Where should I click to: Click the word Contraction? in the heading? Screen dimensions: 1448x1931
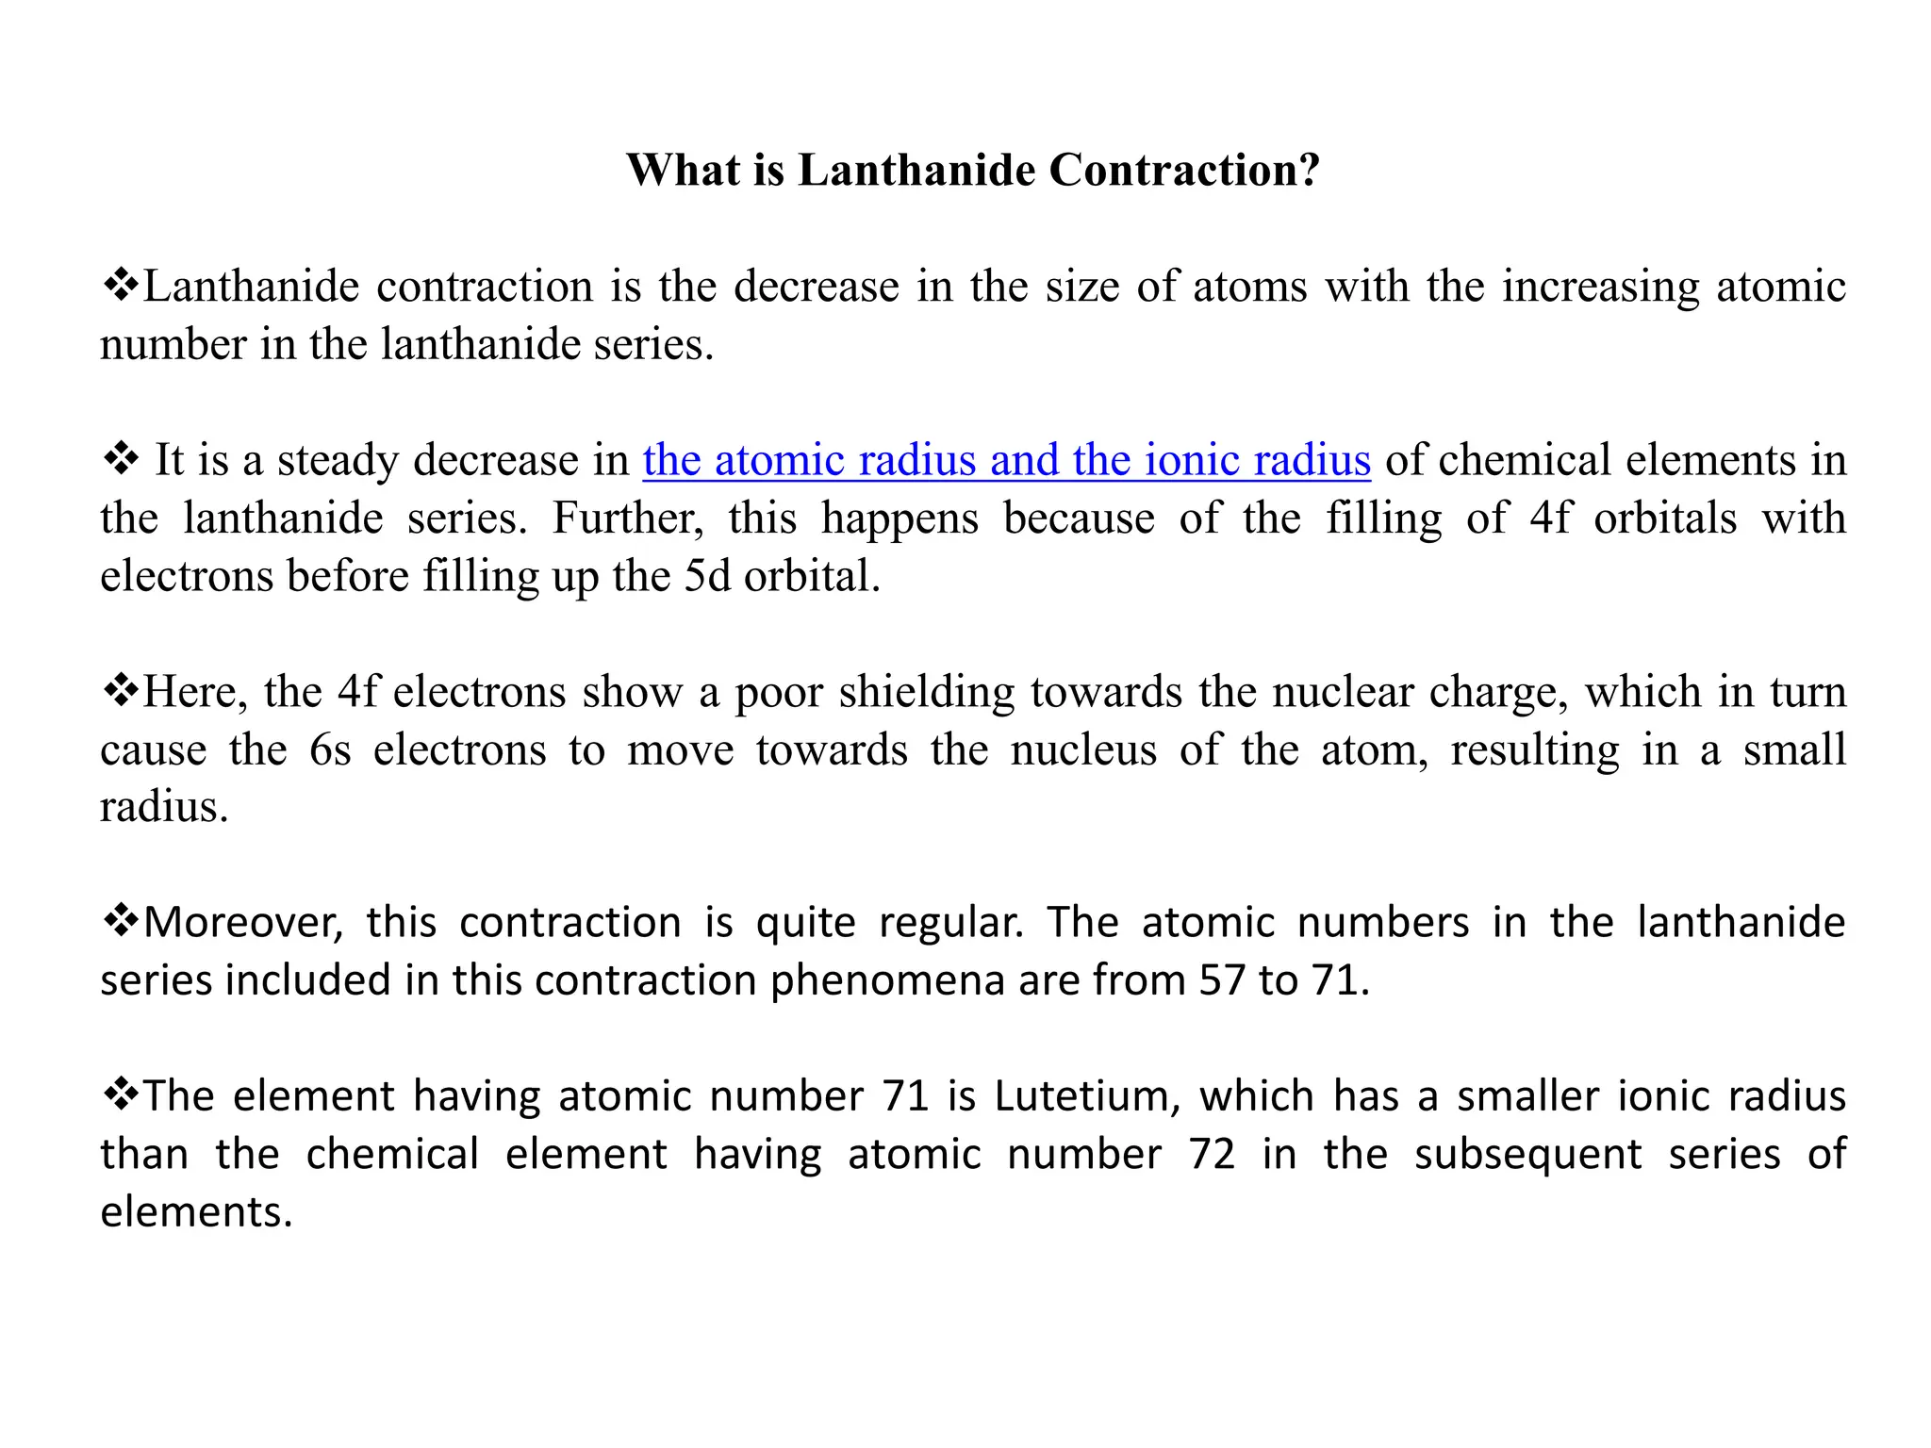point(1183,171)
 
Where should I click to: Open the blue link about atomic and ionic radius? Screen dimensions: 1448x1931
point(1006,460)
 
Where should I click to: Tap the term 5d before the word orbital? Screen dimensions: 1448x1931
point(706,576)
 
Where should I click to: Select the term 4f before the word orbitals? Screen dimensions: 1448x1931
point(1549,518)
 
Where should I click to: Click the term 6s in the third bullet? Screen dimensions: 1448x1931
point(330,750)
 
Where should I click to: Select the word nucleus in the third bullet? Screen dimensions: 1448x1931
point(1083,750)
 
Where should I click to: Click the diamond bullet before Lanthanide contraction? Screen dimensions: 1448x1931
point(120,285)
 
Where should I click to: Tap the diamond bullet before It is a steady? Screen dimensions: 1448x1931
point(120,459)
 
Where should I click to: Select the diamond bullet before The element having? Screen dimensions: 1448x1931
point(120,1094)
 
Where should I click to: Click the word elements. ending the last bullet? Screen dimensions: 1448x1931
point(196,1212)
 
